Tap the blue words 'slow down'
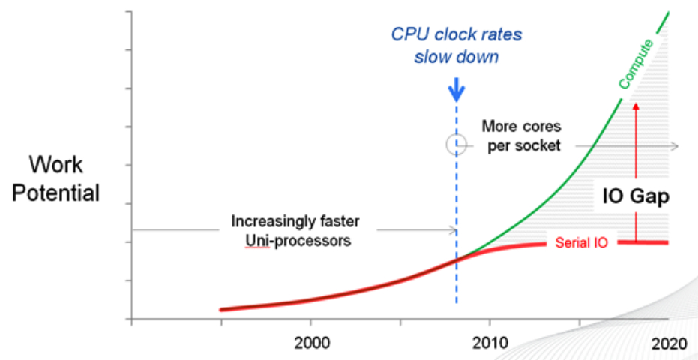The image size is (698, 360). click(x=456, y=57)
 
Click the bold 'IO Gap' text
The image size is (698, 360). click(x=637, y=196)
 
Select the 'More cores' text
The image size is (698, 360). click(x=521, y=127)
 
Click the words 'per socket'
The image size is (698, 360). click(x=523, y=145)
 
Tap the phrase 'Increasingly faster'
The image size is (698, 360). click(x=295, y=222)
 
